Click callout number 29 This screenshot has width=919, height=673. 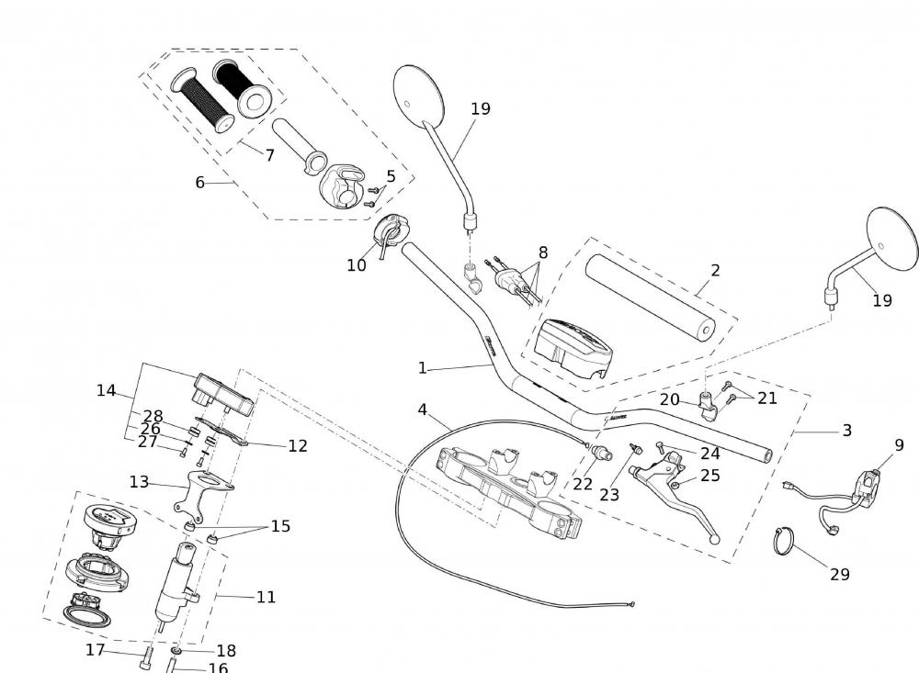pyautogui.click(x=839, y=575)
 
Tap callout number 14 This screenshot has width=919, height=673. pyautogui.click(x=106, y=390)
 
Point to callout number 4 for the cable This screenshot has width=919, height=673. pyautogui.click(x=422, y=409)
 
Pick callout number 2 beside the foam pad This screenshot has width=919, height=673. pyautogui.click(x=715, y=270)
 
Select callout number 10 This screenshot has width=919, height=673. pyautogui.click(x=356, y=265)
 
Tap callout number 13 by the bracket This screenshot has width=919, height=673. pyautogui.click(x=139, y=481)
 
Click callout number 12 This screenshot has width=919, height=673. pyautogui.click(x=297, y=445)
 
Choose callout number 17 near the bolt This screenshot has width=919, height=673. pyautogui.click(x=96, y=650)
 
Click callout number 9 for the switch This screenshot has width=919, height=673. pyautogui.click(x=899, y=445)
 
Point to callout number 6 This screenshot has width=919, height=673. pyautogui.click(x=199, y=182)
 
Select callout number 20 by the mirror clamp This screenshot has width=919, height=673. pyautogui.click(x=669, y=399)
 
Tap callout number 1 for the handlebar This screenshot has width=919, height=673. pyautogui.click(x=422, y=367)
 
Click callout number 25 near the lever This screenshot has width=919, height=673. pyautogui.click(x=709, y=476)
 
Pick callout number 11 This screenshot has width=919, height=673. pyautogui.click(x=266, y=597)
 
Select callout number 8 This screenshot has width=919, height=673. pyautogui.click(x=542, y=252)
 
